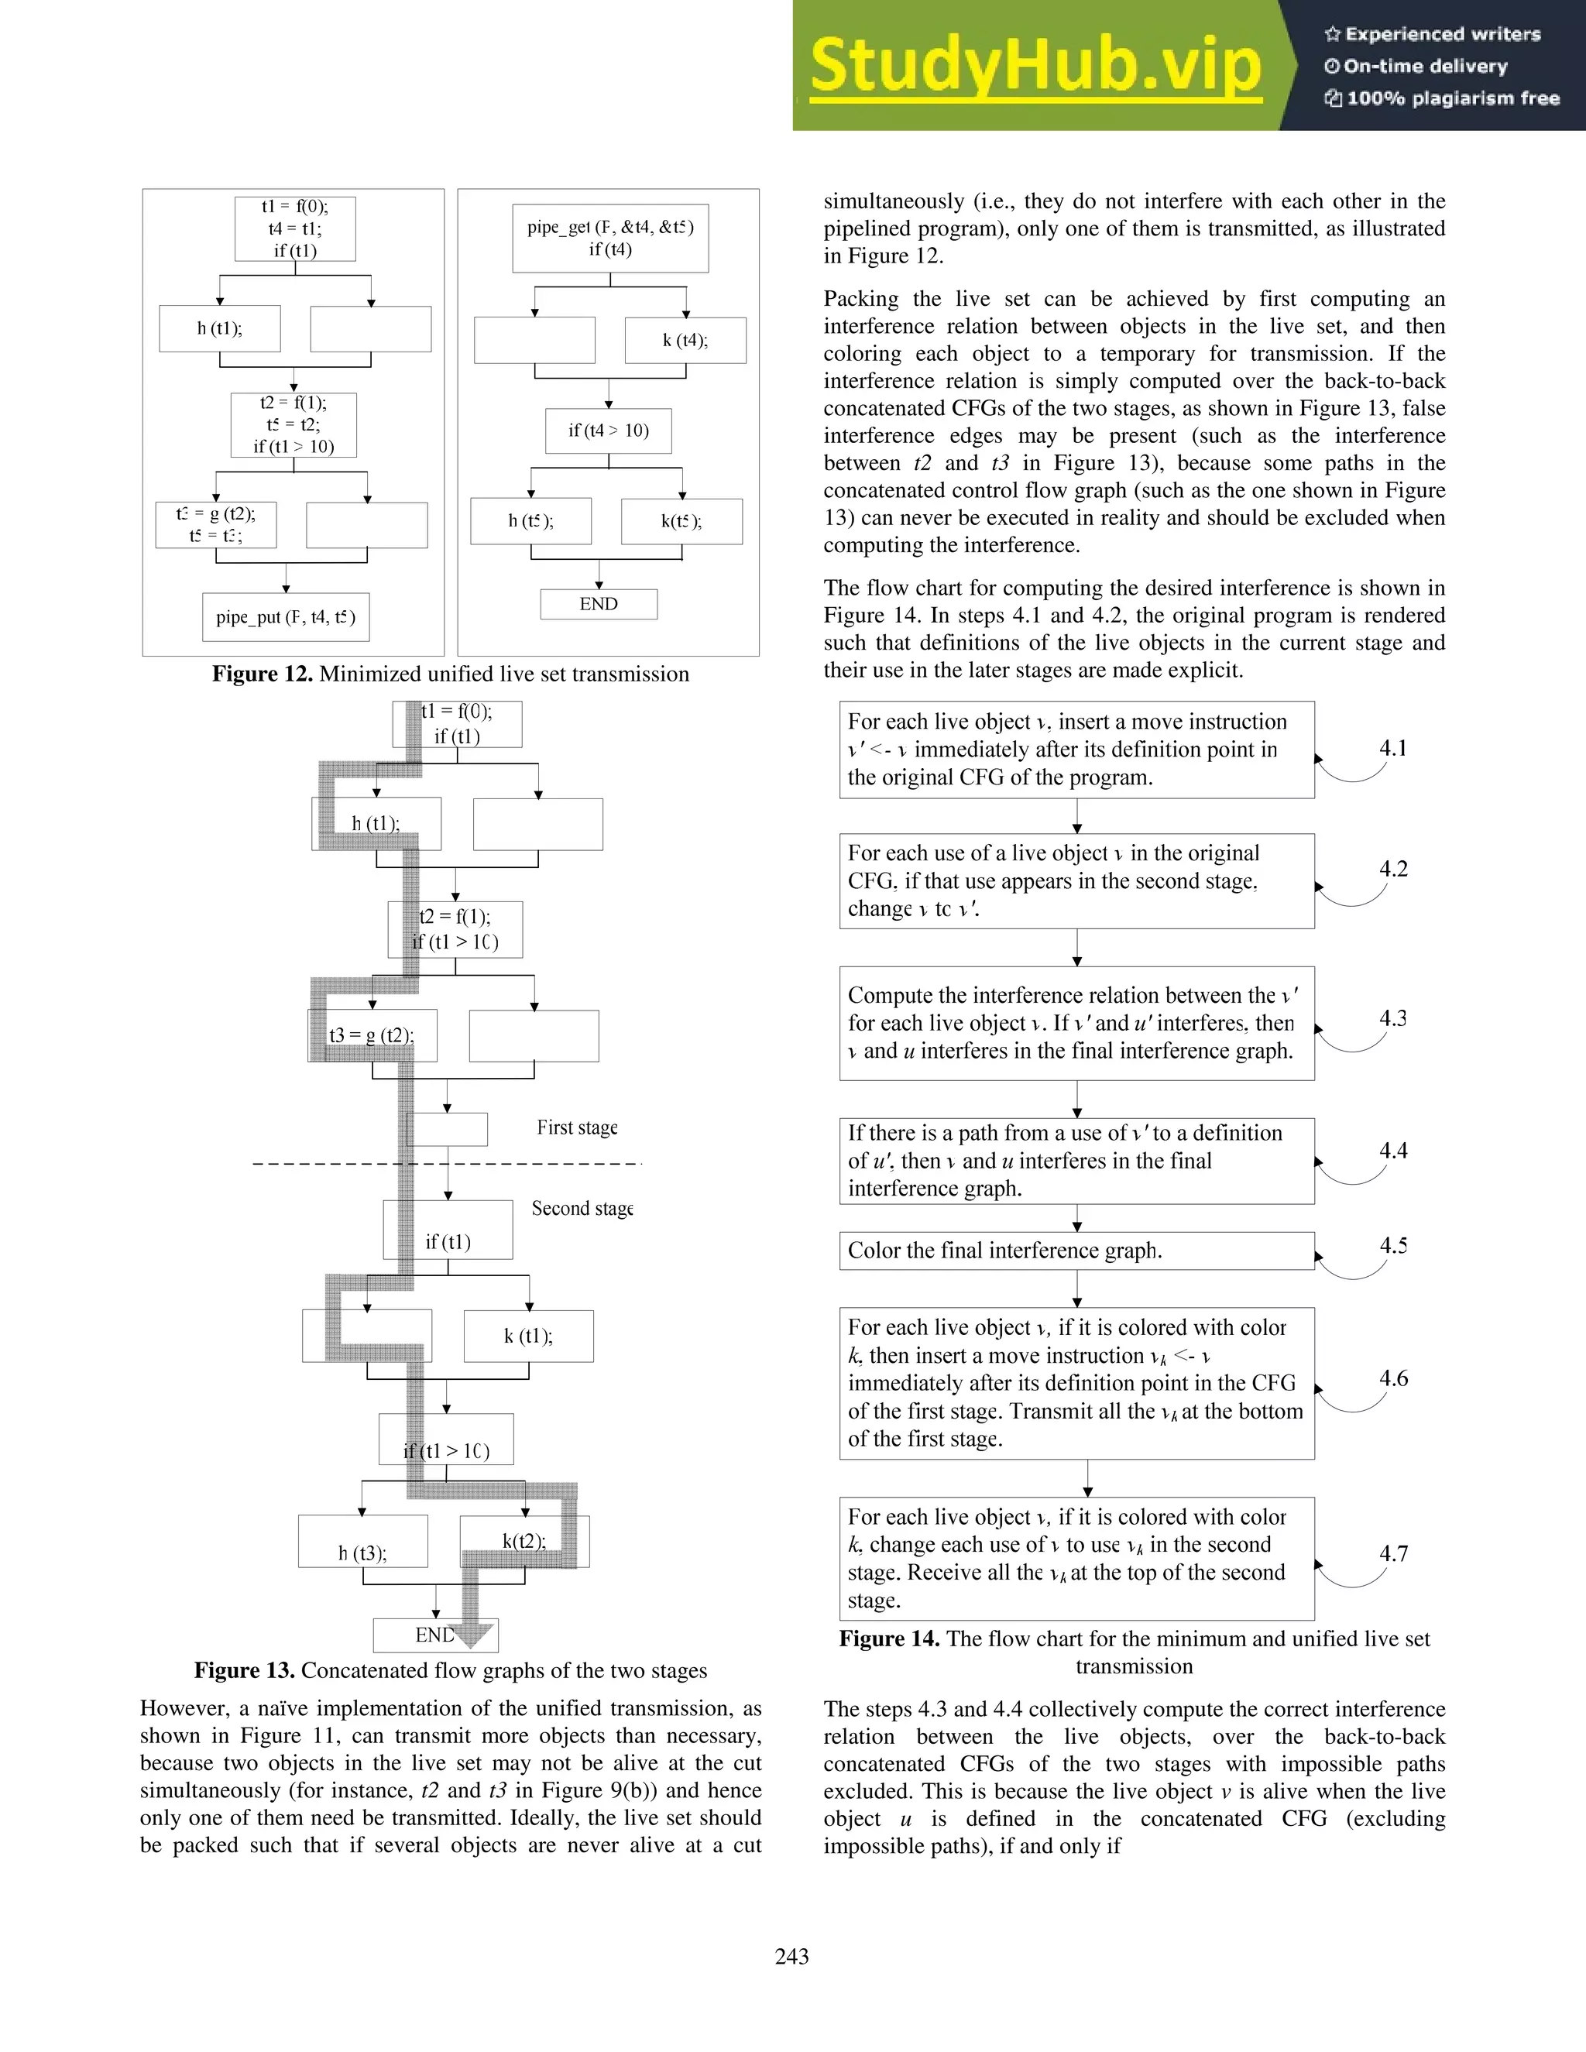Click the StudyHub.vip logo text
[x=1035, y=66]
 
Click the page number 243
[x=791, y=1955]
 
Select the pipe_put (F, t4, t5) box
[x=286, y=617]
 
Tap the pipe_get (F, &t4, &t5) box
[x=611, y=238]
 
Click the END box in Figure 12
[x=599, y=604]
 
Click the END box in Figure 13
[x=435, y=1635]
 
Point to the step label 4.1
[x=1392, y=748]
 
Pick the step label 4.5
[x=1392, y=1245]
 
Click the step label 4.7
[x=1392, y=1553]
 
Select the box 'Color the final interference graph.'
[x=1076, y=1251]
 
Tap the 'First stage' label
[x=577, y=1127]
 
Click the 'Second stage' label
[x=582, y=1208]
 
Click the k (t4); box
[x=685, y=340]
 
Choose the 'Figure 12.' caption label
[x=263, y=674]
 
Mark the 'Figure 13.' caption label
[x=244, y=1669]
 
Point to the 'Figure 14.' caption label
[x=889, y=1639]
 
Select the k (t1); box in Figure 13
[x=528, y=1336]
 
